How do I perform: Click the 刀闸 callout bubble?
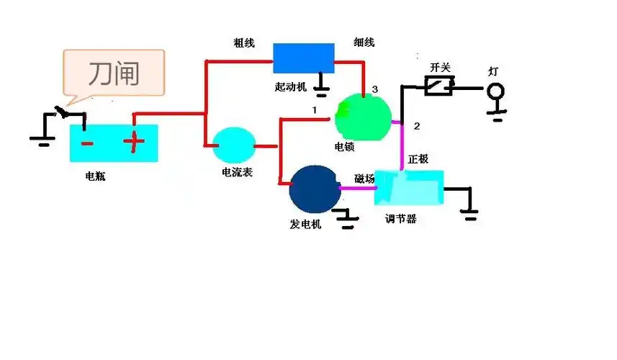pos(114,73)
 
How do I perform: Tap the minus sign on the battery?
pos(86,143)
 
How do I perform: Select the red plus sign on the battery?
pos(133,142)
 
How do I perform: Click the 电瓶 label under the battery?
pos(95,176)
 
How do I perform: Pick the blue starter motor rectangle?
pos(303,58)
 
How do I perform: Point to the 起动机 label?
pos(291,86)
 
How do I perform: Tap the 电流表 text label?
pos(237,173)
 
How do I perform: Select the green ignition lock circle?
pos(363,117)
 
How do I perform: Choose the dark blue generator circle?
pos(314,188)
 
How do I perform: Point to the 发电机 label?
pos(305,224)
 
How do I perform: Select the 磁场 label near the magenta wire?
pos(364,179)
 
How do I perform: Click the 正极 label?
pos(418,158)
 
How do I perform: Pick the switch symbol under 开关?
pos(438,87)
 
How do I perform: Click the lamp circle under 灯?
pos(495,91)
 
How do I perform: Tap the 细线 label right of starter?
pos(364,42)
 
